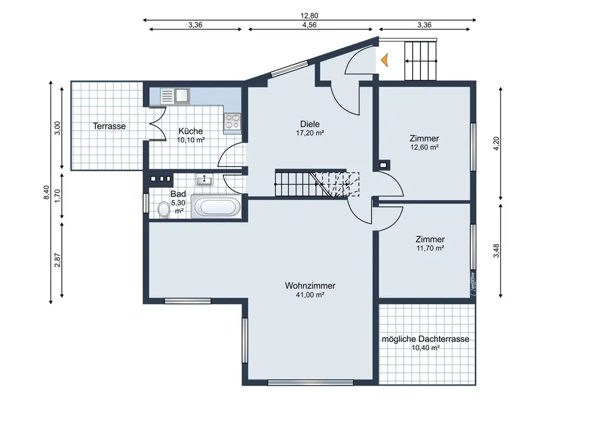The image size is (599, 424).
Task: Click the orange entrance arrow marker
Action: click(x=385, y=61)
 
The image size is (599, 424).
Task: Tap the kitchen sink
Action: click(x=175, y=96)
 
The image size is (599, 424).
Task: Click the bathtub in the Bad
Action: click(x=217, y=207)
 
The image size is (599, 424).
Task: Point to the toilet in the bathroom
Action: click(x=164, y=209)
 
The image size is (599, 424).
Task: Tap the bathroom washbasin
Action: click(x=205, y=179)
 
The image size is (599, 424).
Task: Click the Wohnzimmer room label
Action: click(x=310, y=285)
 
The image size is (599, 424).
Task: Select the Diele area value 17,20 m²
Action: click(x=310, y=133)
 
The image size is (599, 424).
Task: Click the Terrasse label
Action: click(x=109, y=126)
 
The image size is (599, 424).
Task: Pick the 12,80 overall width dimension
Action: click(x=310, y=16)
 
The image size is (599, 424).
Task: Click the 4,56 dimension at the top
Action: click(x=310, y=25)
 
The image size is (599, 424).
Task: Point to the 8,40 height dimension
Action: click(x=46, y=193)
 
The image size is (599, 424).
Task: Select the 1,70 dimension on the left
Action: click(x=58, y=196)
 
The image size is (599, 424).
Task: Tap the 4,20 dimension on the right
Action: click(x=496, y=143)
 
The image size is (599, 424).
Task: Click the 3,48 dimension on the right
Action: click(x=496, y=251)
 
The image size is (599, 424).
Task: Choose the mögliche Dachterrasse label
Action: click(x=425, y=339)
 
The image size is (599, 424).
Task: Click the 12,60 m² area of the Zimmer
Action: click(x=425, y=147)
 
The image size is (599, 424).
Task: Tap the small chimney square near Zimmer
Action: click(x=383, y=165)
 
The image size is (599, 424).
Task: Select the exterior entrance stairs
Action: click(x=420, y=61)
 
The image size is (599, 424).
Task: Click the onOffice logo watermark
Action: click(x=473, y=284)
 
